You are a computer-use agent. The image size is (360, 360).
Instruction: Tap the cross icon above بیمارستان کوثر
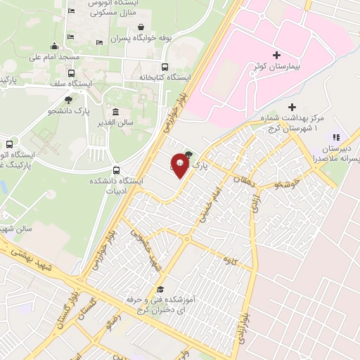click(276, 55)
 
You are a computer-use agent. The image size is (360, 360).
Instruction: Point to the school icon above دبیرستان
click(336, 137)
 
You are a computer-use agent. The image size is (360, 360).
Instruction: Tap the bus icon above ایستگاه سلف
click(70, 72)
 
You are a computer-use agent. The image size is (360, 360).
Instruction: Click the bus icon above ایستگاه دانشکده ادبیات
click(115, 169)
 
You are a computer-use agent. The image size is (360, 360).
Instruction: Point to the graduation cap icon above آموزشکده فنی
click(160, 289)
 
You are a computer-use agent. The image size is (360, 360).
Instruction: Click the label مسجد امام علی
click(44, 56)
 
